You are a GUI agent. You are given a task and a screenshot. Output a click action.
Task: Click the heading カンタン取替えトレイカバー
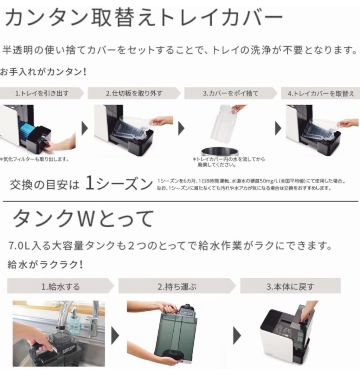tap(144, 18)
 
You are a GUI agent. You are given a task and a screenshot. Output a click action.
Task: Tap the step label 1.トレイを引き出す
tap(42, 93)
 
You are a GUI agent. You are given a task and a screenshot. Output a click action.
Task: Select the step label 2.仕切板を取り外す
tap(134, 93)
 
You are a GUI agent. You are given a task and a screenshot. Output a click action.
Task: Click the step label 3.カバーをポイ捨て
tap(230, 93)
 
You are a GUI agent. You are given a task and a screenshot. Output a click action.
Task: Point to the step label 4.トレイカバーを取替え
tap(321, 93)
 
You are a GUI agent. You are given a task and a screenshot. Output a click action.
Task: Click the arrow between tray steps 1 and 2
tap(85, 129)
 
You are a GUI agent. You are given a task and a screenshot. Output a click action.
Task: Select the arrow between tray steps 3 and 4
tap(278, 129)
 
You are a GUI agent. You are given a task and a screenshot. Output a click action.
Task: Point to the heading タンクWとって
tap(83, 218)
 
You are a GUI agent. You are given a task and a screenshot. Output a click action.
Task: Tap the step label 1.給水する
tap(61, 286)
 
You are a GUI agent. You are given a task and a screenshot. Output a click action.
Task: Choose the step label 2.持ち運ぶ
tap(177, 286)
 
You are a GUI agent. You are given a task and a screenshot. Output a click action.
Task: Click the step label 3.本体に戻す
tap(290, 286)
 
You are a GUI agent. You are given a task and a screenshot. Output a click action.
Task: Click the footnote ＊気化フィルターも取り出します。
tap(35, 159)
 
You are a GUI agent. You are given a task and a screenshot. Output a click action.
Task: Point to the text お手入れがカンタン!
tap(43, 72)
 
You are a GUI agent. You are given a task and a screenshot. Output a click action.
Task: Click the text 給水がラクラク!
tap(45, 264)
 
